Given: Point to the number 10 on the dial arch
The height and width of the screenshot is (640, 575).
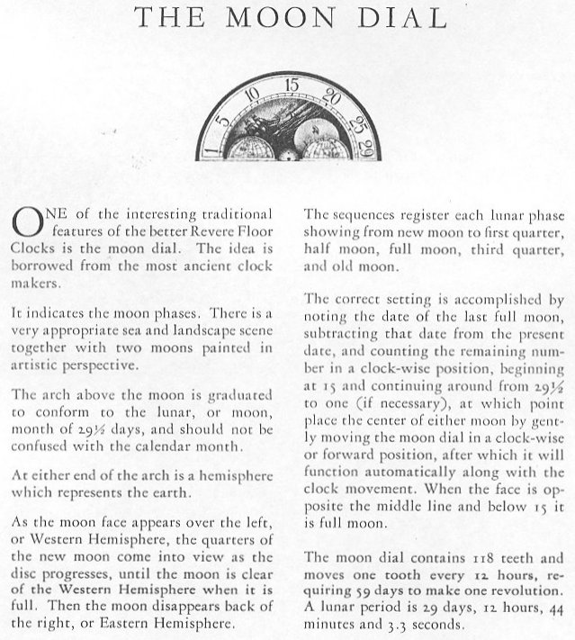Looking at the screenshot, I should pyautogui.click(x=250, y=94).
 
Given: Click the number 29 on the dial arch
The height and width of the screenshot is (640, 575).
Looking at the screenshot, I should pyautogui.click(x=364, y=143).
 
